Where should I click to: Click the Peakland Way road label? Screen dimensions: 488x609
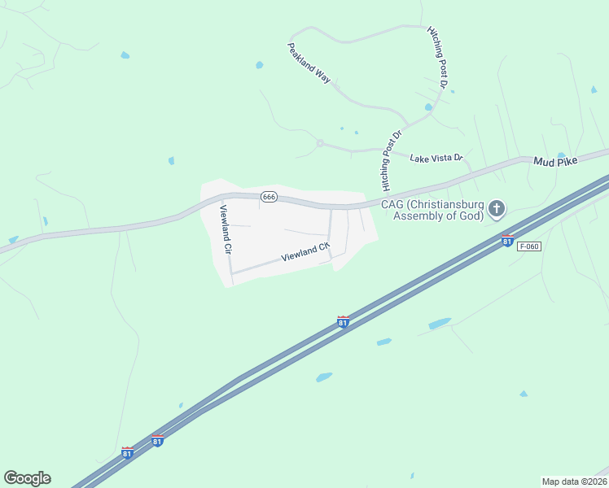click(309, 63)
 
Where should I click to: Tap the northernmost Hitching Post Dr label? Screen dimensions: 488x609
click(438, 57)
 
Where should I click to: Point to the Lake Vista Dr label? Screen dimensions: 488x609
click(436, 158)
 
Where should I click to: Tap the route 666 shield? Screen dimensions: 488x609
click(269, 197)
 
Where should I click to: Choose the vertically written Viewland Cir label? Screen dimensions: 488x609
click(226, 228)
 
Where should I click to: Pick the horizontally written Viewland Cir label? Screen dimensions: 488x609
click(306, 253)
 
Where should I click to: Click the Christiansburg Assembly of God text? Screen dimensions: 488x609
click(433, 209)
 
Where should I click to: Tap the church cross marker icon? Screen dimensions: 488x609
click(497, 210)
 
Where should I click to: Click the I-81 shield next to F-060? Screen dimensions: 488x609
click(507, 241)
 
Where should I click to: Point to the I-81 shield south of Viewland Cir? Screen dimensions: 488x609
click(344, 322)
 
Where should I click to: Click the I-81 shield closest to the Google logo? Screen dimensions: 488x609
click(127, 452)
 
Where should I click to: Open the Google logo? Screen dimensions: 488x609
click(27, 478)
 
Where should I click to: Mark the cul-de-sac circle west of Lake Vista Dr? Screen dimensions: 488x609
click(320, 143)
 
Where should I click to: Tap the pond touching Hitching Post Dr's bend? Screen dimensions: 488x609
click(428, 107)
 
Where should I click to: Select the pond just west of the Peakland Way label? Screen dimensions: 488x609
click(259, 65)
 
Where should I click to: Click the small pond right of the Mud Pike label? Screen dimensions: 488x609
click(561, 155)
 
